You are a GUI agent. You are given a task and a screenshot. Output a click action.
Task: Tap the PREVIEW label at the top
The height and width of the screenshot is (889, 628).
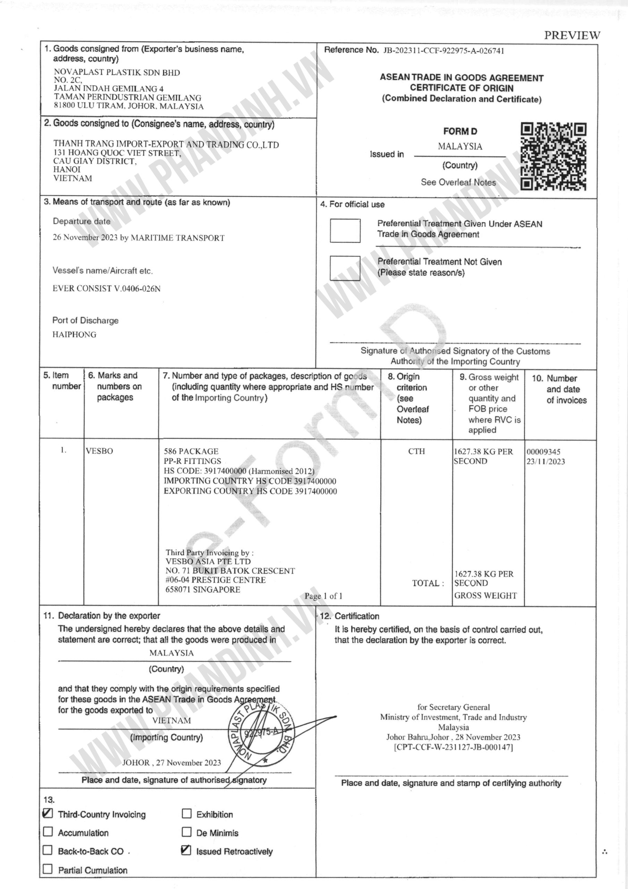pyautogui.click(x=572, y=36)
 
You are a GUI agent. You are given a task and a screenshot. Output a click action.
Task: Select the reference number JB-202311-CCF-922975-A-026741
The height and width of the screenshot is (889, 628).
pyautogui.click(x=443, y=51)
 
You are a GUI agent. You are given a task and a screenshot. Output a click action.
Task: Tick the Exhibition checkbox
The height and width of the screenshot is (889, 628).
pyautogui.click(x=187, y=814)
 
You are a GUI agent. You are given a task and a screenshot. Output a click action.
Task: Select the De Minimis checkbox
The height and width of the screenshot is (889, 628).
pyautogui.click(x=187, y=832)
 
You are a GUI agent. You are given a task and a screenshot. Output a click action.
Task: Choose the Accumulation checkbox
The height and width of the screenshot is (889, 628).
pyautogui.click(x=48, y=832)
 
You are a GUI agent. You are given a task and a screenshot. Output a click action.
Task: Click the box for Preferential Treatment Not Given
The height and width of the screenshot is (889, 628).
pyautogui.click(x=345, y=268)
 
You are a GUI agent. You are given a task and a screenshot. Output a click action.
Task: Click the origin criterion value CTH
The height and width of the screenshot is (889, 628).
pyautogui.click(x=416, y=451)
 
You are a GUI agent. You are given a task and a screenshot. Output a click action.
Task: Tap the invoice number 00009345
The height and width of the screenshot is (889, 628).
pyautogui.click(x=543, y=452)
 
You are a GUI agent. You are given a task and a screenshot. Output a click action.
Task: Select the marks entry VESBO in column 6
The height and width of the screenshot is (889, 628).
pyautogui.click(x=100, y=451)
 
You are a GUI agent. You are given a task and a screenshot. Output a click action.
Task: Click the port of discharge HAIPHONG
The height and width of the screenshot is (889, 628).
pyautogui.click(x=74, y=334)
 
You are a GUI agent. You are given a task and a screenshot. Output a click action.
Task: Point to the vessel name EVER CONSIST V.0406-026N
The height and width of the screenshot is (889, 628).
pyautogui.click(x=107, y=289)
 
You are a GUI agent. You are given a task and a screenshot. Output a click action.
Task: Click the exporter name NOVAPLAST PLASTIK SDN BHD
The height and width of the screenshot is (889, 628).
pyautogui.click(x=117, y=73)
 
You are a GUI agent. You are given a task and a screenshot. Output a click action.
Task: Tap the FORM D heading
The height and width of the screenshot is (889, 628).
pyautogui.click(x=460, y=132)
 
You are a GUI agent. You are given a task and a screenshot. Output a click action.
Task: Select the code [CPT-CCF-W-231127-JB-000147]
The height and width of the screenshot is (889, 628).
pyautogui.click(x=453, y=747)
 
